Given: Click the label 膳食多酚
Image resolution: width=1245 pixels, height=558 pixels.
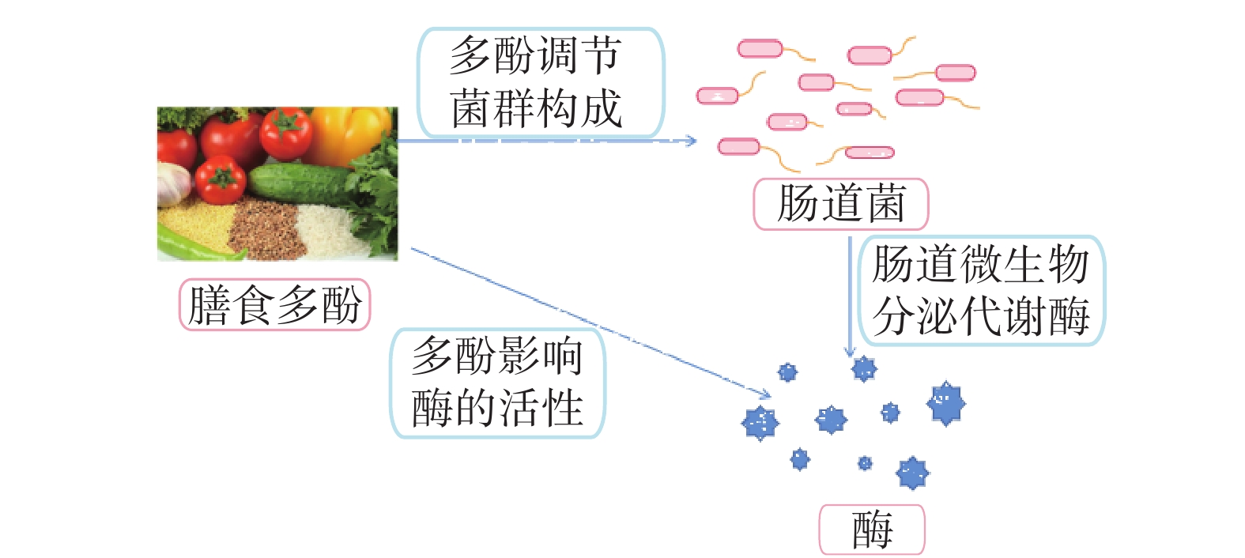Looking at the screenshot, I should coord(274,304).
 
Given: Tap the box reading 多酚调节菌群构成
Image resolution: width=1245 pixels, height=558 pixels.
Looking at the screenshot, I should coord(541,82).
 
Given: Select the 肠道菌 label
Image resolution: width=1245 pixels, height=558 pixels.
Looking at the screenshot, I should coord(840,204).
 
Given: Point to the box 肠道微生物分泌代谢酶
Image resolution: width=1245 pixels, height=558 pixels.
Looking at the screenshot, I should coord(980,290).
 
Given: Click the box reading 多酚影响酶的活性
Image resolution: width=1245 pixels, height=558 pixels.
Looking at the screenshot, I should coord(497,383).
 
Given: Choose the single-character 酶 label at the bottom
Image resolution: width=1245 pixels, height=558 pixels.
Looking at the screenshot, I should coord(871,529).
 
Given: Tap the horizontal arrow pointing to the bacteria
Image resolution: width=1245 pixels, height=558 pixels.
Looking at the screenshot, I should coord(545,141).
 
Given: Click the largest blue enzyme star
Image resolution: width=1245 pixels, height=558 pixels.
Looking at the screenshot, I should coord(945,403).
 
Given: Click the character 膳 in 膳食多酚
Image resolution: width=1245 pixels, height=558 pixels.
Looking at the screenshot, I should coord(209,305).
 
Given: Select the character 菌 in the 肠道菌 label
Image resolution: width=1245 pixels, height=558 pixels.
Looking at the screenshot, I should coord(886,204).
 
